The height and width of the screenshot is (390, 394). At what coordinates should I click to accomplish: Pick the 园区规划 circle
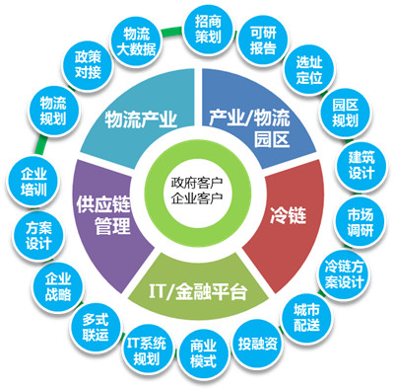point(343,114)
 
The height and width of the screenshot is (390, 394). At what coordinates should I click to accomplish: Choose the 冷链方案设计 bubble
point(344,271)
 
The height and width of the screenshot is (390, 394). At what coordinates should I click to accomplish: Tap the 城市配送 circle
point(305,317)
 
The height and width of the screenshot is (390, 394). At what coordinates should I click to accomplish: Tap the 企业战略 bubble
point(57,286)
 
